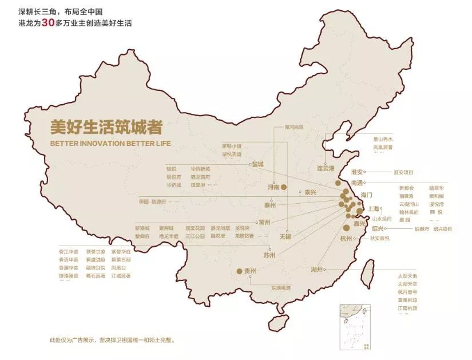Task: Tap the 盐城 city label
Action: tap(258, 164)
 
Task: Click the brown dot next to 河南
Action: tap(284, 187)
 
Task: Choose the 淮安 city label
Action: tap(359, 171)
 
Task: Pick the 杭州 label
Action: tap(347, 238)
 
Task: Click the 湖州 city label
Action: tap(318, 269)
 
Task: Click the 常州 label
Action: tap(264, 221)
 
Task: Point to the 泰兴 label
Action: tap(310, 192)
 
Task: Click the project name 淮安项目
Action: tap(403, 172)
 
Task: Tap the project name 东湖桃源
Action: tap(281, 288)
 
